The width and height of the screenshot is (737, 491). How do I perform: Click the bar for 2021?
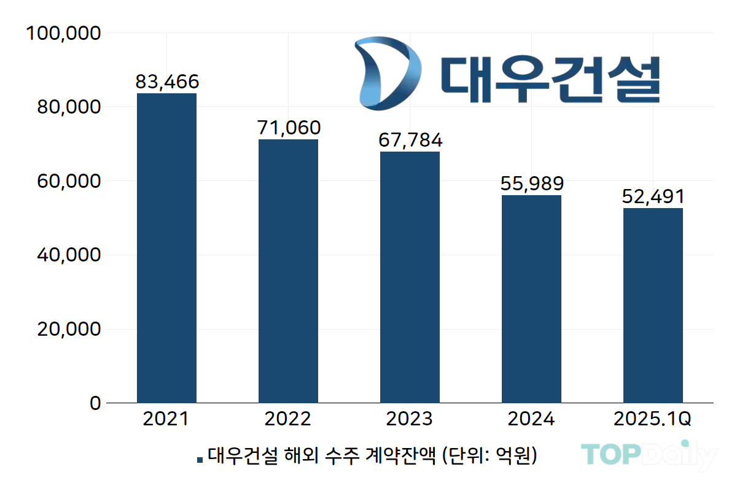(x=166, y=248)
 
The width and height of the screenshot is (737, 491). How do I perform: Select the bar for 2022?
(x=288, y=271)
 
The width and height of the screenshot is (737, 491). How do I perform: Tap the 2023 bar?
(x=410, y=277)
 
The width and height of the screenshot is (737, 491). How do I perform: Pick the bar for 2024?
(x=531, y=299)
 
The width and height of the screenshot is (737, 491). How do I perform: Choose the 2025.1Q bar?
(x=653, y=306)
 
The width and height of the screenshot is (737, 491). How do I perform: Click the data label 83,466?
(x=167, y=82)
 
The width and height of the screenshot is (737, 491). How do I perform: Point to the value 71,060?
(x=288, y=128)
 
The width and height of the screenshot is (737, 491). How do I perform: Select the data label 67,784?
(x=410, y=140)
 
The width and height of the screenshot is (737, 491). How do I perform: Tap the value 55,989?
(x=532, y=184)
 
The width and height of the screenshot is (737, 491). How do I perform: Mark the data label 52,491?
(x=653, y=196)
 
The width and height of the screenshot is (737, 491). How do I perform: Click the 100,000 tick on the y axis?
(x=61, y=33)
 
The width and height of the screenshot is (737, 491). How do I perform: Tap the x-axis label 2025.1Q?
(x=653, y=419)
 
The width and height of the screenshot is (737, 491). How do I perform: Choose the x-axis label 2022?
(x=288, y=419)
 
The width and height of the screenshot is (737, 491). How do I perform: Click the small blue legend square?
(x=200, y=459)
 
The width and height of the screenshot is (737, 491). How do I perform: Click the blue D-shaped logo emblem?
(x=387, y=72)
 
